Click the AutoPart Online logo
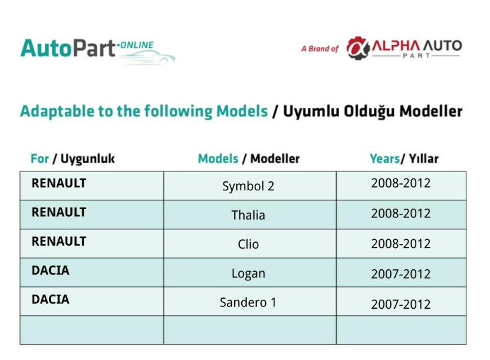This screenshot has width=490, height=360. (x=97, y=51)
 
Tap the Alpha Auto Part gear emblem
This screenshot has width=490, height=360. (x=358, y=48)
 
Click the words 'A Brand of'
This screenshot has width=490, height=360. (x=320, y=49)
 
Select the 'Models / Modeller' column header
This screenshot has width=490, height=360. (x=249, y=158)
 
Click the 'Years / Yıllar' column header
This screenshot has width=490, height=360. (x=404, y=158)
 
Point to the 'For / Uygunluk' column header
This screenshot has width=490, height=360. (x=73, y=159)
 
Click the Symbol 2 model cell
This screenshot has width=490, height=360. (x=248, y=186)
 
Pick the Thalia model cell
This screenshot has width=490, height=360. (x=248, y=215)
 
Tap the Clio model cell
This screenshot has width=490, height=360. (x=248, y=244)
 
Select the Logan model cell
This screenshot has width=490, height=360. (x=248, y=273)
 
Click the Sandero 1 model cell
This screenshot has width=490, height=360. (x=248, y=302)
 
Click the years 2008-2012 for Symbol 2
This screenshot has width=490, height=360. (x=401, y=183)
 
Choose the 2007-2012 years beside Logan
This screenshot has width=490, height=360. (x=401, y=274)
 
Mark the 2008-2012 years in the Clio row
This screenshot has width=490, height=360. (x=401, y=244)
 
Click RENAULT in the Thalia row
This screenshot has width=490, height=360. (x=59, y=212)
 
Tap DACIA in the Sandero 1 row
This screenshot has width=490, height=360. (x=51, y=299)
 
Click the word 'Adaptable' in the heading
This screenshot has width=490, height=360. (x=57, y=111)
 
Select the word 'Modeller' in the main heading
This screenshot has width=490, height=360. (x=431, y=111)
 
